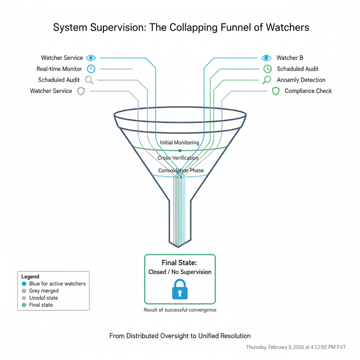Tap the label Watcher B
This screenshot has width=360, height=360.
[x=290, y=58]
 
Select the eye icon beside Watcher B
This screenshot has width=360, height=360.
[x=267, y=58]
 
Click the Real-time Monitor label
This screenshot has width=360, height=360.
[x=60, y=69]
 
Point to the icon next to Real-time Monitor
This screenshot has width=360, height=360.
[x=91, y=69]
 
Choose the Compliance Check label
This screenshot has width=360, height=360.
[x=308, y=91]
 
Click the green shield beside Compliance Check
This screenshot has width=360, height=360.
[x=275, y=91]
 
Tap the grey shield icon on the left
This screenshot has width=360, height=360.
[x=80, y=91]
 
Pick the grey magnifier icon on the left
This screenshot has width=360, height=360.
[x=89, y=80]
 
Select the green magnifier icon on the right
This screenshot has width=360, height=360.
[x=267, y=80]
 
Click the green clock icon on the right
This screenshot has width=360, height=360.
[x=267, y=69]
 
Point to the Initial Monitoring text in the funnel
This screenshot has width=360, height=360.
[x=180, y=143]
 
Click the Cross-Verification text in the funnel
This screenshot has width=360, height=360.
[x=178, y=158]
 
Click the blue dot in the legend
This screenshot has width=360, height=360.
[x=24, y=283]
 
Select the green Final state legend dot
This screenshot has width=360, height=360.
[x=24, y=305]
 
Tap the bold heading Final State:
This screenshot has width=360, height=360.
[x=180, y=263]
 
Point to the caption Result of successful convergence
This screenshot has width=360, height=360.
[x=180, y=310]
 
